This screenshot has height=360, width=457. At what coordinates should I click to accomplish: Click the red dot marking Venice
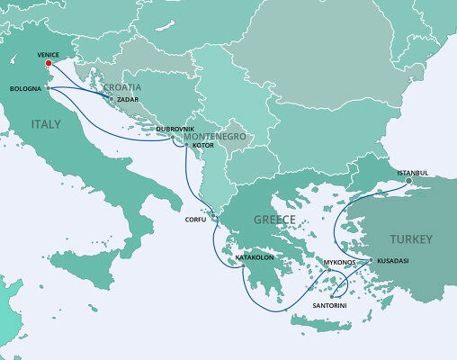click(x=48, y=63)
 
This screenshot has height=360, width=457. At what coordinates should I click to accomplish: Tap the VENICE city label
click(x=49, y=54)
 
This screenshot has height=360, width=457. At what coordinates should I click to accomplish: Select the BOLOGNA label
click(x=24, y=89)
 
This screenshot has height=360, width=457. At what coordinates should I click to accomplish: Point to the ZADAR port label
click(x=129, y=99)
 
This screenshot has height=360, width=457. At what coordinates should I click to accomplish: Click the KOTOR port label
click(x=203, y=144)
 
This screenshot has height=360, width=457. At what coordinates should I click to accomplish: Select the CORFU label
click(x=195, y=219)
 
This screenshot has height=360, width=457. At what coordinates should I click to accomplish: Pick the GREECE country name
click(x=274, y=220)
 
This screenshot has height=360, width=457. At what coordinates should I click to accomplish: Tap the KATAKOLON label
click(x=254, y=257)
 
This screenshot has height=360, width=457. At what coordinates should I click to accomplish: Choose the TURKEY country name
click(x=410, y=239)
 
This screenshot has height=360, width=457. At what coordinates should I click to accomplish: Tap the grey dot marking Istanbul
click(x=408, y=180)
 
